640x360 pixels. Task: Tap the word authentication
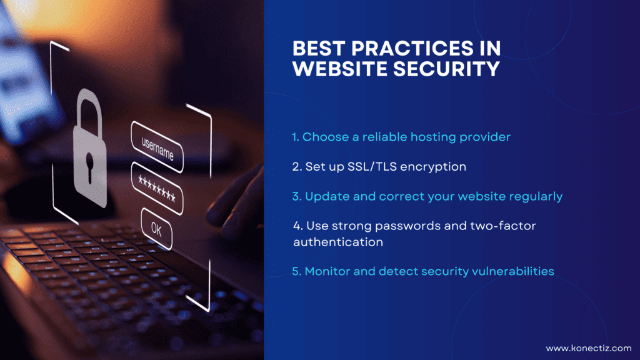coord(338,241)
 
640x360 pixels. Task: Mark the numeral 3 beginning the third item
coord(296,196)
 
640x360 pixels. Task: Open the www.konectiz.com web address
coord(588,348)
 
